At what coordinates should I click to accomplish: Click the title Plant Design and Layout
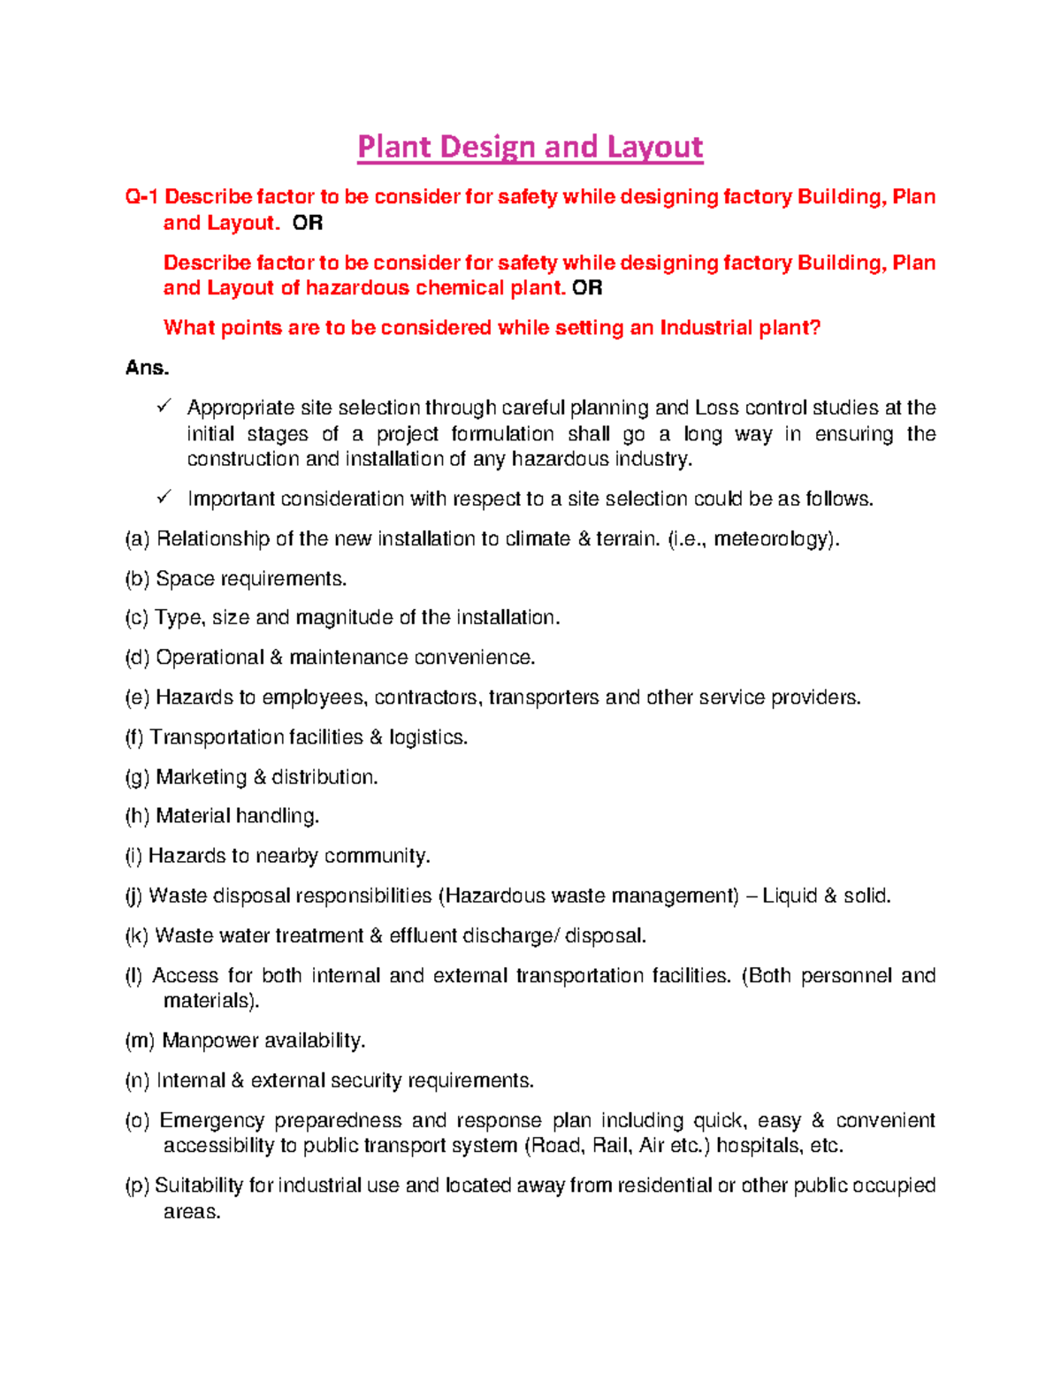click(x=530, y=147)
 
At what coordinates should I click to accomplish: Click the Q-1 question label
click(x=141, y=196)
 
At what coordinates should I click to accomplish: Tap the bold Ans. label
click(x=147, y=368)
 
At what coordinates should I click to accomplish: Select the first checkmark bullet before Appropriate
click(x=164, y=407)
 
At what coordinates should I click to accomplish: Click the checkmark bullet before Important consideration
click(x=164, y=498)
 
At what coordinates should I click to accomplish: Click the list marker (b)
click(x=137, y=579)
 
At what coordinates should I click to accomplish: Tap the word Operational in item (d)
click(x=210, y=658)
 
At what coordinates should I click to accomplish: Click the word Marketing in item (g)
click(x=201, y=777)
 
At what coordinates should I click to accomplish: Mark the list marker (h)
click(x=137, y=816)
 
